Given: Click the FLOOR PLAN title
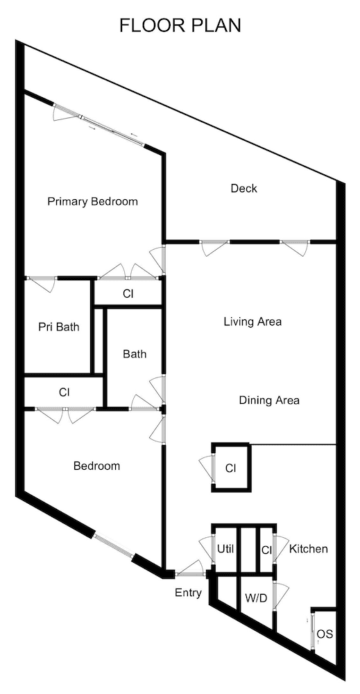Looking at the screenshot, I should (x=180, y=26).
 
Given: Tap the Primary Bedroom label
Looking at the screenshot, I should (x=92, y=202).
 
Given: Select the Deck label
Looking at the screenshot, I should (x=243, y=188).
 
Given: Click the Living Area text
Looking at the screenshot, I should (x=252, y=321).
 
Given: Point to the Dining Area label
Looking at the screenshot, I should (x=269, y=400).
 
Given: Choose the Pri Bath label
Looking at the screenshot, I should (x=58, y=326).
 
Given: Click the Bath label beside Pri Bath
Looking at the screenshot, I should (x=135, y=354).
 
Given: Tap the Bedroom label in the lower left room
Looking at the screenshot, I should (x=96, y=466).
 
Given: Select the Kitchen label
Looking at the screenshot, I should (x=308, y=549).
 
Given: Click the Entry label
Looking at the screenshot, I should (x=188, y=593).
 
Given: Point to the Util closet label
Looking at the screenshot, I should (x=225, y=549).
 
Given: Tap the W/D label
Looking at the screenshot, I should (x=256, y=598).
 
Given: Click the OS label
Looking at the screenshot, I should (x=324, y=634).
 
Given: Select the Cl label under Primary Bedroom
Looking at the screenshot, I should (x=128, y=294).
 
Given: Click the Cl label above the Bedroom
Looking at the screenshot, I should (x=64, y=392).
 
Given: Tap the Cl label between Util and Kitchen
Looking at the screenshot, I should (x=266, y=549).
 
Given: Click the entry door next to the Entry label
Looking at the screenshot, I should (x=189, y=574).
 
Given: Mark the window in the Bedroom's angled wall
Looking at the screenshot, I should (x=112, y=544).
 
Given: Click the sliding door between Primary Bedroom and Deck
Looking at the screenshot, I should (x=99, y=124).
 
